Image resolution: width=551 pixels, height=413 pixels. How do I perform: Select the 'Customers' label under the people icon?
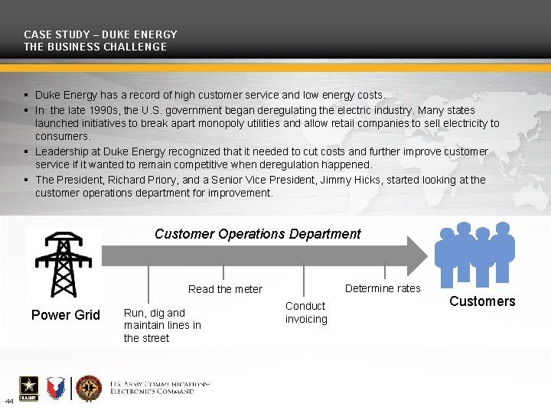(x=482, y=301)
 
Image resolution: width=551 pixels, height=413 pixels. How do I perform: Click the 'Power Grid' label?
(x=65, y=315)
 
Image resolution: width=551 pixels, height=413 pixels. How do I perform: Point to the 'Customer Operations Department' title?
(x=257, y=234)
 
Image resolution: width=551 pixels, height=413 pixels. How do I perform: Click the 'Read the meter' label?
(x=225, y=289)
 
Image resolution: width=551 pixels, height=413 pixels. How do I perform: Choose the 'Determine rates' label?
(x=383, y=288)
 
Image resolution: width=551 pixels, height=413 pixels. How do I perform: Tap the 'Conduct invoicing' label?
(x=306, y=312)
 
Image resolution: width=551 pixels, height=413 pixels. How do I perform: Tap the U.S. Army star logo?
(x=30, y=389)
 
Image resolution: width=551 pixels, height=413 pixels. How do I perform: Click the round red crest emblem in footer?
(x=89, y=389)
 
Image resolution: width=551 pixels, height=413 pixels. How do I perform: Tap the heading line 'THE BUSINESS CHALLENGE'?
(x=95, y=47)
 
